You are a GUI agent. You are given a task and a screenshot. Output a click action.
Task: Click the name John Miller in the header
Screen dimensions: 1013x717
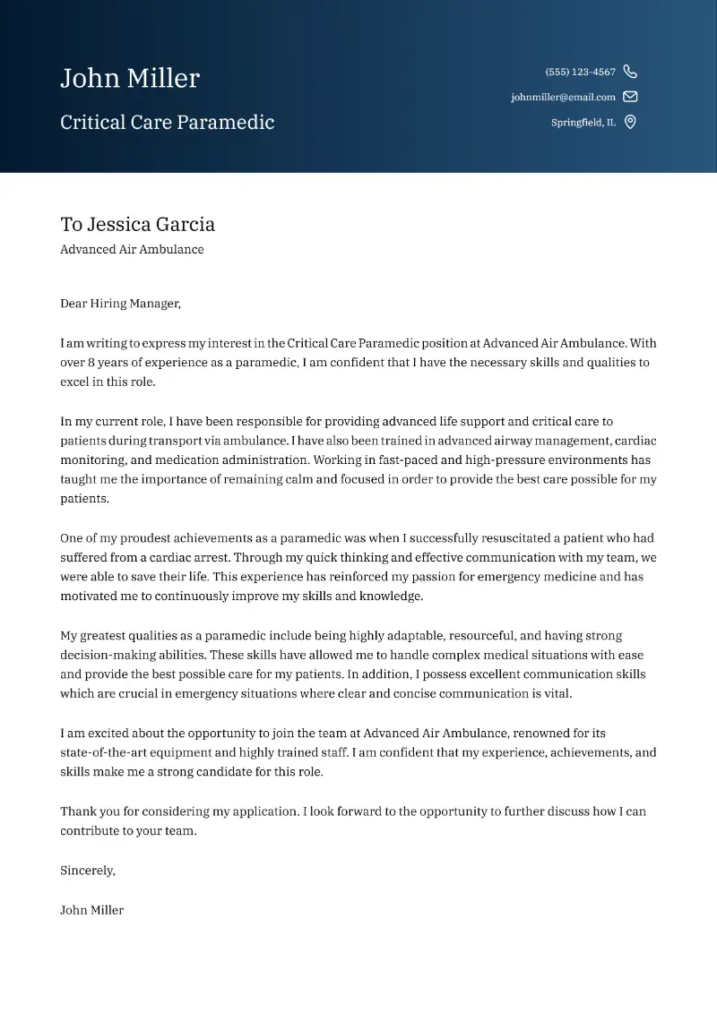[130, 79]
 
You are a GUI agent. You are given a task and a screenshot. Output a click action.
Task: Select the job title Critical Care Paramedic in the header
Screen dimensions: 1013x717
[167, 123]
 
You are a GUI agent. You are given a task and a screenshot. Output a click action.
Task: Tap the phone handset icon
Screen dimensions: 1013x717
[630, 72]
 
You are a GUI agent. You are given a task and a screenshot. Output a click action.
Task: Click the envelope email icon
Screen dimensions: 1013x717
[630, 97]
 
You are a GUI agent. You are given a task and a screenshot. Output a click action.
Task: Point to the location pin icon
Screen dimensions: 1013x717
[630, 123]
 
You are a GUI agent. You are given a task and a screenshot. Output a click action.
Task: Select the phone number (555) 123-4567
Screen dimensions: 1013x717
[580, 72]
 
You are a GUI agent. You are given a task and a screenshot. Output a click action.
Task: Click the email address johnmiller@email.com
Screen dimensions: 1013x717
[563, 97]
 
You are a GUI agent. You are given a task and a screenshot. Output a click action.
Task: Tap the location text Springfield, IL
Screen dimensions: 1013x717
[583, 123]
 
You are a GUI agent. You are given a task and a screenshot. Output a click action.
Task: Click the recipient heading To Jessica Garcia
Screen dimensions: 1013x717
[137, 225]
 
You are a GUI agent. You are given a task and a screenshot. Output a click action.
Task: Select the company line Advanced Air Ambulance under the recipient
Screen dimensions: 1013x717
[132, 250]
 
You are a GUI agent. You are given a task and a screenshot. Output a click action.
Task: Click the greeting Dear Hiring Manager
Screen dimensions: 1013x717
[120, 304]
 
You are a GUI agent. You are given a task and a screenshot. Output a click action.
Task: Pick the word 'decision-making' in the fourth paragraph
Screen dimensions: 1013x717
[107, 656]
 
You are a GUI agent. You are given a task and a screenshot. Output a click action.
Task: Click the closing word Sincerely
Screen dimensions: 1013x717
[87, 871]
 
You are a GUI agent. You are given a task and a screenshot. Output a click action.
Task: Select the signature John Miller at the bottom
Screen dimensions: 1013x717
[91, 910]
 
